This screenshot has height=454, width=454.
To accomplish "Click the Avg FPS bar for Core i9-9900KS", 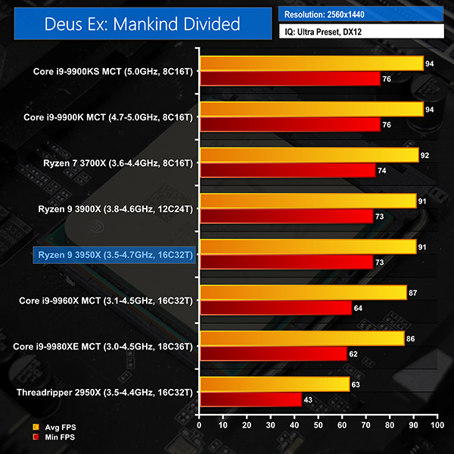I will coord(310,64).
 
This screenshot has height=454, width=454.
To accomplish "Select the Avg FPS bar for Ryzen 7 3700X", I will coord(308,155).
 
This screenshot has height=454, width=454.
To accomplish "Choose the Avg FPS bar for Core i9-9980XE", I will coord(301,338).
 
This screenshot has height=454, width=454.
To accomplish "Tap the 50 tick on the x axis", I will coord(319,427).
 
